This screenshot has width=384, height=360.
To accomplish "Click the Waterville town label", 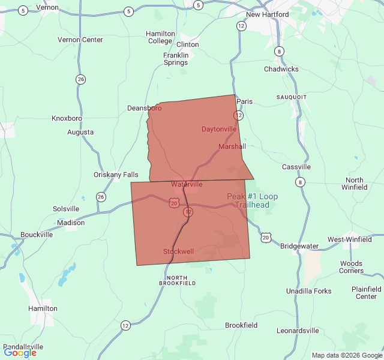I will (187, 184).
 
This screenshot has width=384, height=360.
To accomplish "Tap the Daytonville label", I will (218, 129).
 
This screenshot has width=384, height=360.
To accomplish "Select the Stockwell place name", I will (178, 251).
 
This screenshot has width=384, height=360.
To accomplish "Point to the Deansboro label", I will (144, 108).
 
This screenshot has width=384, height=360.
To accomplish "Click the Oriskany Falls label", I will (116, 175).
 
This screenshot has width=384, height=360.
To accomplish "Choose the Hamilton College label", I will (160, 37).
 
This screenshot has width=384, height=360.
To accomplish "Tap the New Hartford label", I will (267, 14).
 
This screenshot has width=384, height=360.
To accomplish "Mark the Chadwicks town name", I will (281, 69).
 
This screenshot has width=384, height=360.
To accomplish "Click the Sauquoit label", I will (292, 97).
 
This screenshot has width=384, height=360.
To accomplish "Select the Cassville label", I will (296, 167).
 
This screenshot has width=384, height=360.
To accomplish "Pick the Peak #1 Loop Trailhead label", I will (252, 200).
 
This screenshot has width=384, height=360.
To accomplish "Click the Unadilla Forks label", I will (308, 291).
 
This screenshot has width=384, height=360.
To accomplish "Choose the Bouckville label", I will (37, 235).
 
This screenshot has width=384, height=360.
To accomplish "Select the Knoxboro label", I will (67, 118).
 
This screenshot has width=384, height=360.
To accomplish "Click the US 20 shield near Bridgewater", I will (266, 238).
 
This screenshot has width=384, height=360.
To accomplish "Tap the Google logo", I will (20, 353).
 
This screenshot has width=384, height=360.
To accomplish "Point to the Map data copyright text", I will (346, 355).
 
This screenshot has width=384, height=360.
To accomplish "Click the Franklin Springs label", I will (176, 59).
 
